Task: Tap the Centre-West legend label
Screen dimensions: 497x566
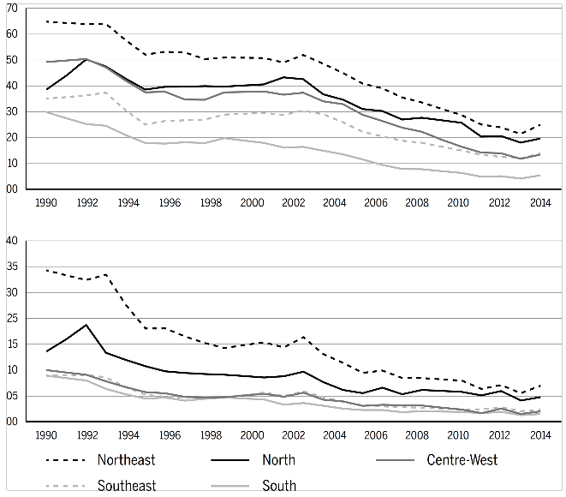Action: point(462,460)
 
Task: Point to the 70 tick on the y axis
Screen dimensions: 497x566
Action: point(11,9)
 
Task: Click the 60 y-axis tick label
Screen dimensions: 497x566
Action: point(11,34)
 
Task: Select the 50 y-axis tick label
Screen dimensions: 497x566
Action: point(11,60)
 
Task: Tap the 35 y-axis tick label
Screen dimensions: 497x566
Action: point(11,266)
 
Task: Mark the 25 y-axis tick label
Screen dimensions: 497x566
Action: point(11,318)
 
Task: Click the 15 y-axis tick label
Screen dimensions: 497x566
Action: point(11,370)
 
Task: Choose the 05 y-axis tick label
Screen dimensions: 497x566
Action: point(11,396)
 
